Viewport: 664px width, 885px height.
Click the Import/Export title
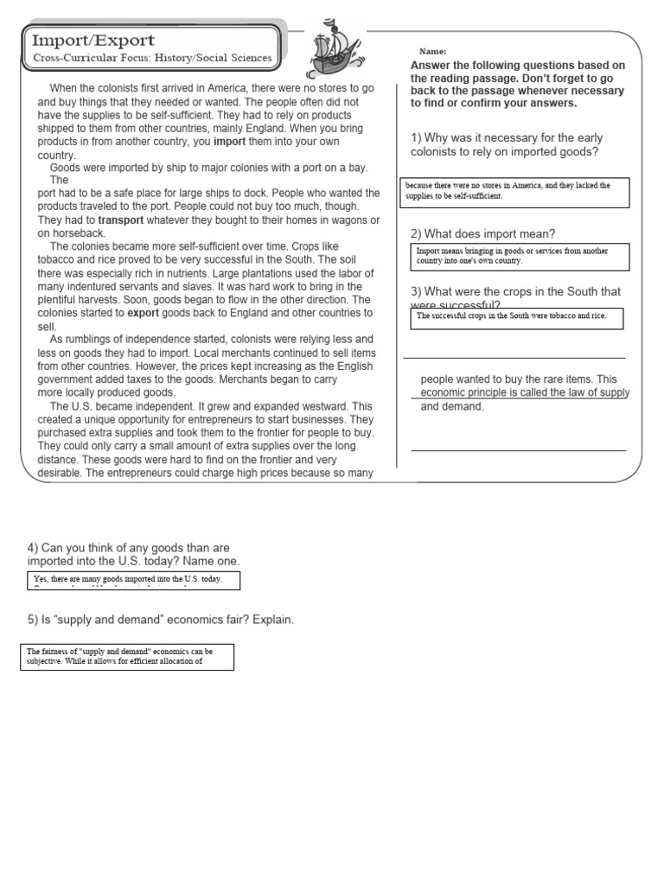pyautogui.click(x=93, y=41)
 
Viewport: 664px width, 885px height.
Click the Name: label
pyautogui.click(x=432, y=52)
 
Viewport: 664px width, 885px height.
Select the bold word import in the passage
pyautogui.click(x=230, y=141)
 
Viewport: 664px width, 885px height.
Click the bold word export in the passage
pyautogui.click(x=144, y=313)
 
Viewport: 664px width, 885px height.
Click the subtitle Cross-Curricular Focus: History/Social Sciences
pyautogui.click(x=152, y=59)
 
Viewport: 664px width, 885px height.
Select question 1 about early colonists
pyautogui.click(x=507, y=144)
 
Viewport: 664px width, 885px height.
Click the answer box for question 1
pyautogui.click(x=516, y=191)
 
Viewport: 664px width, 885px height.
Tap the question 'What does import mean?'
pyautogui.click(x=483, y=233)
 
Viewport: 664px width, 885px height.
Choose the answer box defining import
pyautogui.click(x=519, y=257)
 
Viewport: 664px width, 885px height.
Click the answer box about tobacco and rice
pyautogui.click(x=516, y=317)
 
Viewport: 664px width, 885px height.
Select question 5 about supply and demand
pyautogui.click(x=161, y=621)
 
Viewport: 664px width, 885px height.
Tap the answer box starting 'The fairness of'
pyautogui.click(x=127, y=656)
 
